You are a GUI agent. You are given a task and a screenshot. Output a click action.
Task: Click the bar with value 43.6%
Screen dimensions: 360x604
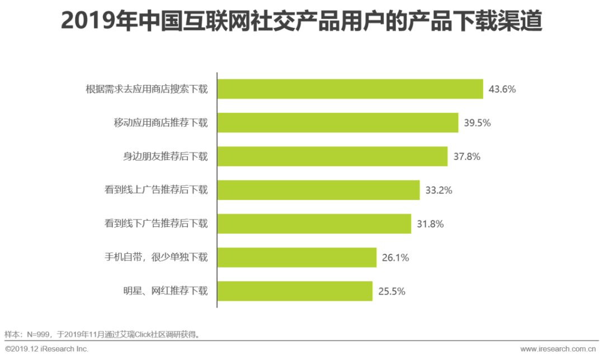[350, 89]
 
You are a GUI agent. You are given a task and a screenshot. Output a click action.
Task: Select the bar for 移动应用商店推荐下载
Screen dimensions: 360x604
[338, 123]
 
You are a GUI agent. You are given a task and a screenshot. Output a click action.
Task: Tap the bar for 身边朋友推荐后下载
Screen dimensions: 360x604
[333, 157]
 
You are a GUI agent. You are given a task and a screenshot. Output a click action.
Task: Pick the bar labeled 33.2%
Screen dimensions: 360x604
[319, 190]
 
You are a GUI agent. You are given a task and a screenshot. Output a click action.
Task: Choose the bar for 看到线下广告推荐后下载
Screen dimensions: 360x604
[314, 224]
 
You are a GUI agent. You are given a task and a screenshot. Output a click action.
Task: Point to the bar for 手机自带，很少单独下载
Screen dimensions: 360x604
[297, 258]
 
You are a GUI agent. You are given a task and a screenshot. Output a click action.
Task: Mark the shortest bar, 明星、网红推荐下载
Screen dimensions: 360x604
[295, 291]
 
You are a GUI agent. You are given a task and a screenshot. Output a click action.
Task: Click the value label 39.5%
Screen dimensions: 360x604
[477, 123]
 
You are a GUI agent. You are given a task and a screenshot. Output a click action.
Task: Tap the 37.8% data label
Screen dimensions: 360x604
[467, 157]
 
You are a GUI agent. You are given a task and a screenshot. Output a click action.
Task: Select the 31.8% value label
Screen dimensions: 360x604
[430, 224]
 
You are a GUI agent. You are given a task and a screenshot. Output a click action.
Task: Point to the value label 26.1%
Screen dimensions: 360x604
[395, 258]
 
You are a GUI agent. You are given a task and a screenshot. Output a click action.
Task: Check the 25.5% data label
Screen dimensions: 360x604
[391, 291]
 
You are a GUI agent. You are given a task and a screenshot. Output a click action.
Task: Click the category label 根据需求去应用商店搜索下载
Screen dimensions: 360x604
[147, 89]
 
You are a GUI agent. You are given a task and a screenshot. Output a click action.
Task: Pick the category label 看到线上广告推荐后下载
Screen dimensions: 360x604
[156, 190]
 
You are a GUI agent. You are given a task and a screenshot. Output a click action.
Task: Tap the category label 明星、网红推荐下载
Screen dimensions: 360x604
[166, 291]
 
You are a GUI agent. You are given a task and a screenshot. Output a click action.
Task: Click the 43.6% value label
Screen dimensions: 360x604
[502, 89]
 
